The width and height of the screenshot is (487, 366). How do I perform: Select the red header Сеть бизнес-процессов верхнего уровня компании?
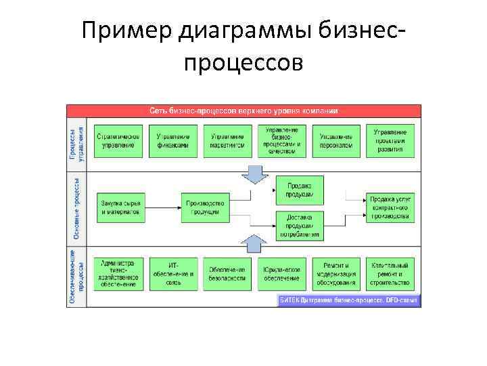(243, 110)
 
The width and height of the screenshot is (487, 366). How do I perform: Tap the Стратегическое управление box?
(118, 140)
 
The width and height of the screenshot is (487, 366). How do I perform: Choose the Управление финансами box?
(173, 140)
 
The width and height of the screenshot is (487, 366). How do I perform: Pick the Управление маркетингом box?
(227, 140)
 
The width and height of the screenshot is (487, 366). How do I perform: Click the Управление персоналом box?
(336, 140)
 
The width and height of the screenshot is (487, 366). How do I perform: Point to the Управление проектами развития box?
(390, 140)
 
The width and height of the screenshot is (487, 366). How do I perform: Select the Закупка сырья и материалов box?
(120, 207)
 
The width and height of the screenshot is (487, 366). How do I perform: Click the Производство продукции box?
(205, 207)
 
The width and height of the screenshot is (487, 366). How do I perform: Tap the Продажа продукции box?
(299, 189)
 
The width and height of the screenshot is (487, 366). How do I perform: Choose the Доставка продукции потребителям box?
(299, 226)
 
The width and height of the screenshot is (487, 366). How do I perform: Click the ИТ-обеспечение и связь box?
(173, 274)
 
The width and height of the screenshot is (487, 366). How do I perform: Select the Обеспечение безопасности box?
(227, 274)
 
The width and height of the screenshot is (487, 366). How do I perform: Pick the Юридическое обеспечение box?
(281, 274)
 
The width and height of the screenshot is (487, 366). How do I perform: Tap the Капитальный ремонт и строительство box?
(390, 274)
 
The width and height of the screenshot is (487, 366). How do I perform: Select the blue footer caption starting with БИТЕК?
(349, 300)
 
